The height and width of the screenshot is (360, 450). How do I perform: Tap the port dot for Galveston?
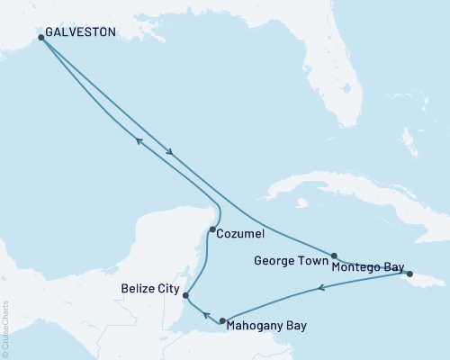point(41,38)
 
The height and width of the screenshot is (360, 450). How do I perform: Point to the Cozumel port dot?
point(211,229)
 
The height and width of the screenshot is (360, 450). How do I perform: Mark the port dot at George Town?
point(334,256)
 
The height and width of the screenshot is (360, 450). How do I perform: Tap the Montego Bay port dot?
point(409,274)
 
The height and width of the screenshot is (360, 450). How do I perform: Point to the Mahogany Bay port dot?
point(222,320)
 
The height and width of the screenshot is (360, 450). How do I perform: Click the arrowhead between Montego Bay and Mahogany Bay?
point(320,289)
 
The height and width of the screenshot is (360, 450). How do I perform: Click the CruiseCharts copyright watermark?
point(6,328)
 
